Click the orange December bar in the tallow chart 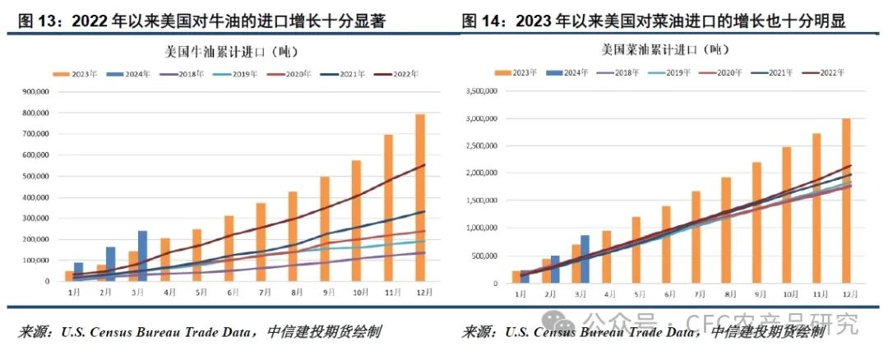coord(420,197)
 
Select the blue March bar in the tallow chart coord(142,256)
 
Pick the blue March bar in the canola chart coord(585,260)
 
